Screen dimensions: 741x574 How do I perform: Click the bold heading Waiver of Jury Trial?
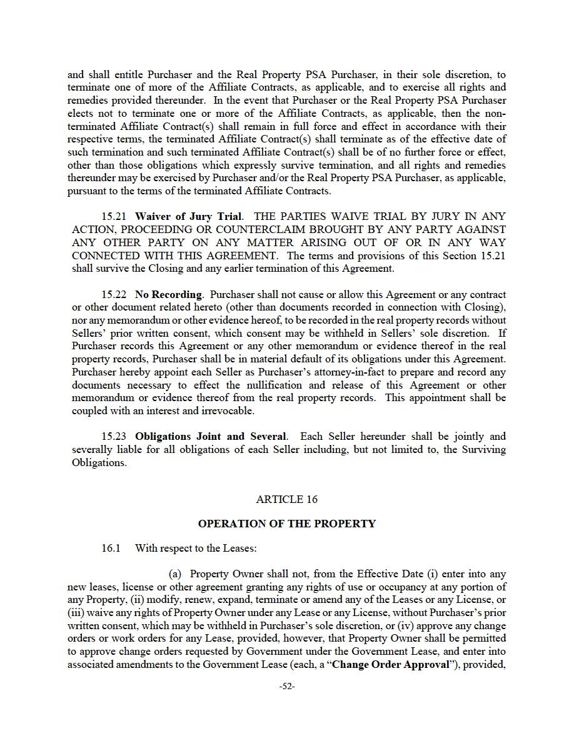click(188, 217)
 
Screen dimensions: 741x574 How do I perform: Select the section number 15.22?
click(115, 294)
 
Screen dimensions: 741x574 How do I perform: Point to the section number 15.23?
click(115, 436)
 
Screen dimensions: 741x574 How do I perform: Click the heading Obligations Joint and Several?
click(211, 436)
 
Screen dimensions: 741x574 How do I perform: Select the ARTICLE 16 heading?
click(287, 499)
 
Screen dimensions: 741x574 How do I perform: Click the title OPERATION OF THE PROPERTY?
click(287, 524)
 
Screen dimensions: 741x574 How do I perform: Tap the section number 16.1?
click(111, 549)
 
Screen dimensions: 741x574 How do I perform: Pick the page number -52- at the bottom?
click(287, 685)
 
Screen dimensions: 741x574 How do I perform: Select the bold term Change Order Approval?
click(390, 665)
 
